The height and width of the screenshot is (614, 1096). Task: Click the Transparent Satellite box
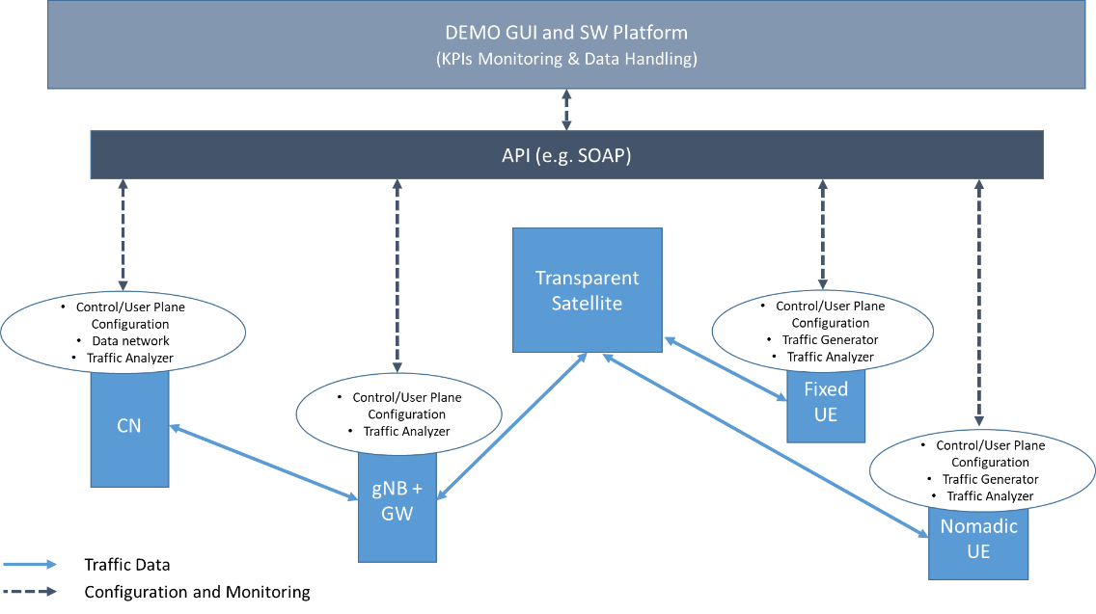point(587,290)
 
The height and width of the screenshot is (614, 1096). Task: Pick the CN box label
point(129,425)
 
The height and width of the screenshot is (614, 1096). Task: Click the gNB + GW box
point(397,502)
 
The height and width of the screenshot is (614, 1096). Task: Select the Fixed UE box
point(825,402)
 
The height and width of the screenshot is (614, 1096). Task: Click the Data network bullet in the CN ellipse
point(130,341)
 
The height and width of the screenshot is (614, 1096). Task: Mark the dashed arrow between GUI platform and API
point(566,110)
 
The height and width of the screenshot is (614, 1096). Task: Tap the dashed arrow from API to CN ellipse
point(123,234)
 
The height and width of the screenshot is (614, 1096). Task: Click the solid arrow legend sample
point(30,565)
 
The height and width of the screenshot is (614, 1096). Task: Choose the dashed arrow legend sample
point(30,591)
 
